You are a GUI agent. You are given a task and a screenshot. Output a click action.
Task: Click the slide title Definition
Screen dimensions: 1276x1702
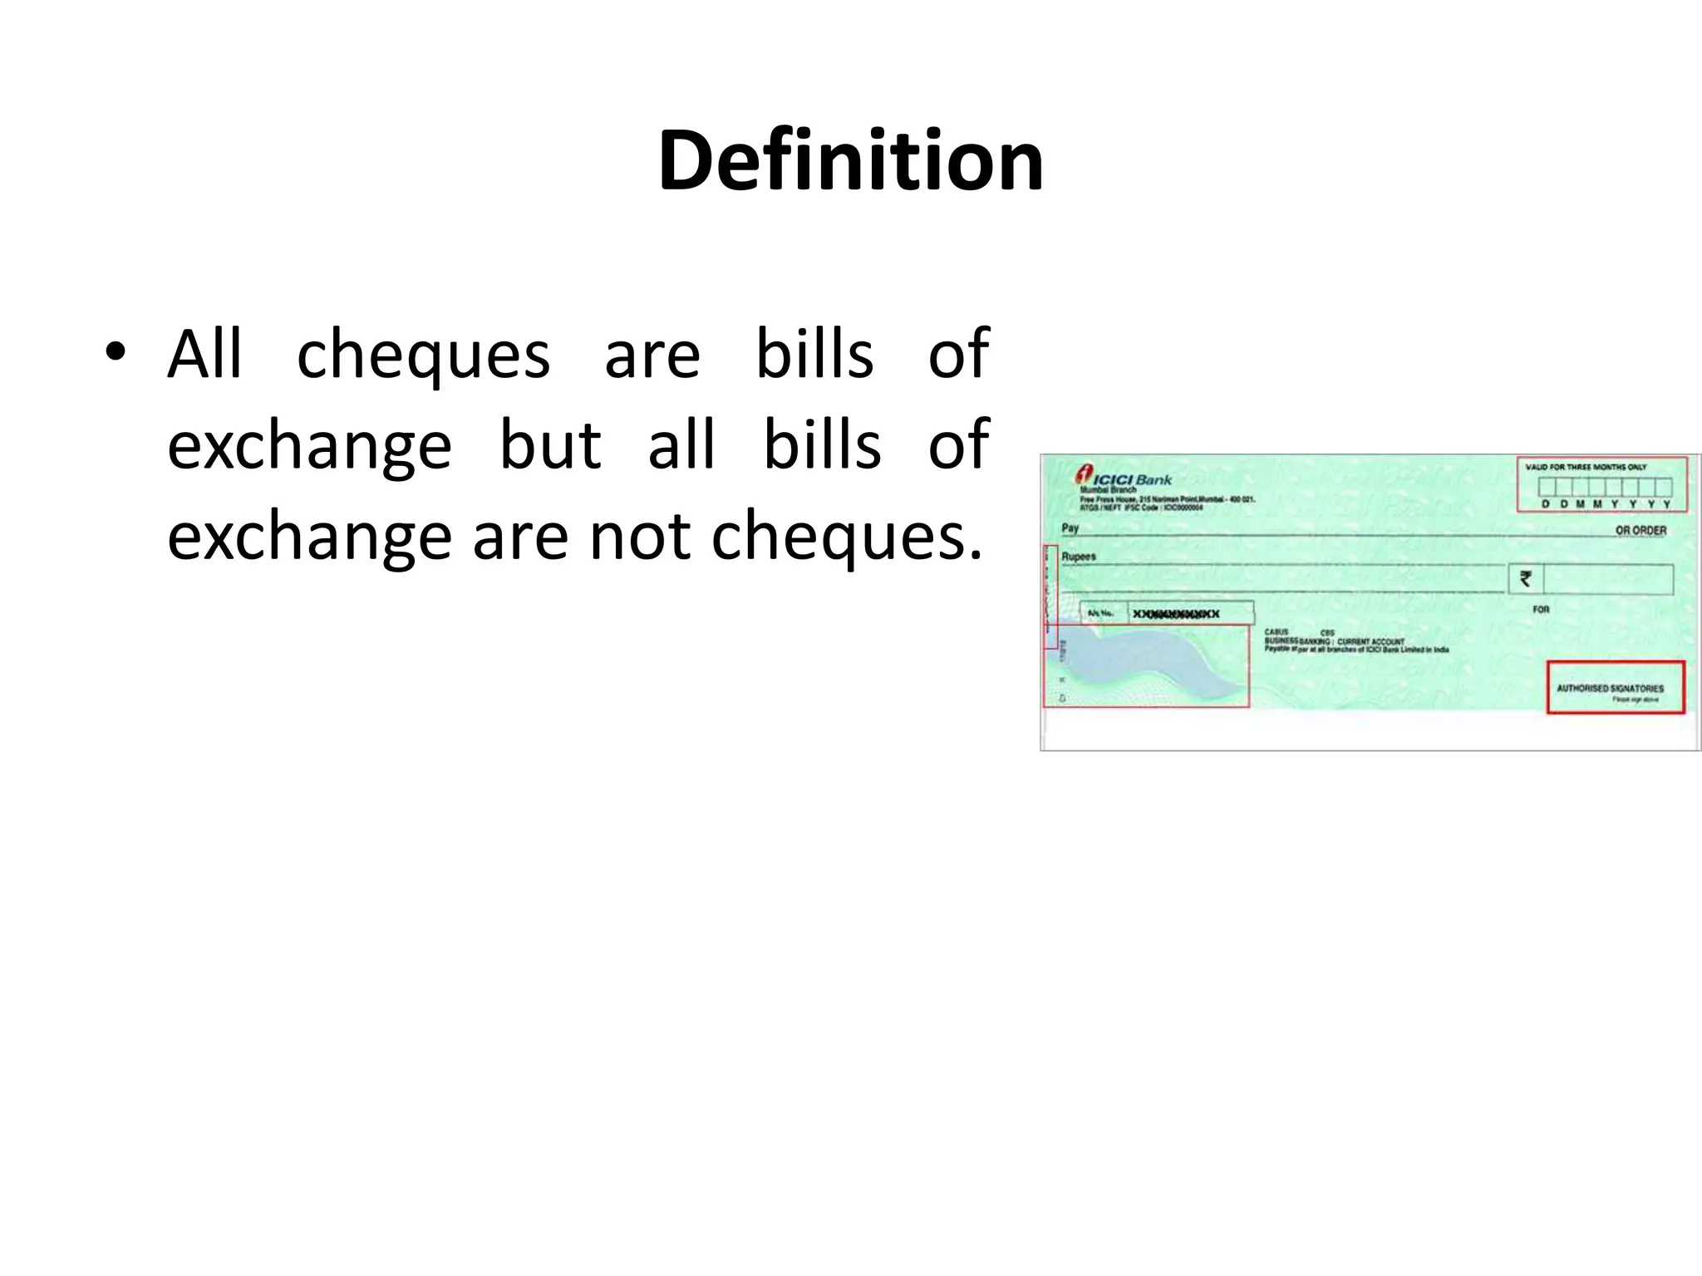point(850,160)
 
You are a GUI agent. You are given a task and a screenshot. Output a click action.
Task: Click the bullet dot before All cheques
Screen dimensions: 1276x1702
point(116,351)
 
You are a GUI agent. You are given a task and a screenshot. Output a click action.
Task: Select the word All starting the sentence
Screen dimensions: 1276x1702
point(204,355)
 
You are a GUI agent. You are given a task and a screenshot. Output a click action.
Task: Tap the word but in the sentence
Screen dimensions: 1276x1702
point(549,445)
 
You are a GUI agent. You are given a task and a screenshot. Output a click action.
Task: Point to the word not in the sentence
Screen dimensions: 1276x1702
point(640,537)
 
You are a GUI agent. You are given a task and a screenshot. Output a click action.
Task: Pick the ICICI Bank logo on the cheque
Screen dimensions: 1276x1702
point(1124,476)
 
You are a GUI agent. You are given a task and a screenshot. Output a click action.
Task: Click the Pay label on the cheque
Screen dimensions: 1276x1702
point(1070,528)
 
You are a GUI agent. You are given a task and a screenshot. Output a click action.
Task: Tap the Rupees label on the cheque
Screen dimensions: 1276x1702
point(1079,557)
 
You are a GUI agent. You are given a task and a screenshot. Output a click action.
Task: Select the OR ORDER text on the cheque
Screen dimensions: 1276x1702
point(1641,530)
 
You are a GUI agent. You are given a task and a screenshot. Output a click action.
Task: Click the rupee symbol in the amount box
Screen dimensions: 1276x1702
point(1526,578)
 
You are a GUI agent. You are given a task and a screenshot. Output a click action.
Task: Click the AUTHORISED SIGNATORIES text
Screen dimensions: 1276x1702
point(1610,688)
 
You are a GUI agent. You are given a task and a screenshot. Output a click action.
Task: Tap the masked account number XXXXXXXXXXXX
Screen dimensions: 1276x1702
point(1176,614)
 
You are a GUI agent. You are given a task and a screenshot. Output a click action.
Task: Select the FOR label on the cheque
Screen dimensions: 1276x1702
point(1541,609)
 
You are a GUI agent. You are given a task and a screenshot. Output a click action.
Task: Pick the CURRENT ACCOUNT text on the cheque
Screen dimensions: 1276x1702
point(1370,641)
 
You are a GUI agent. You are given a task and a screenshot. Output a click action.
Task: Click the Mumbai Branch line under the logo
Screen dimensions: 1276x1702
point(1108,489)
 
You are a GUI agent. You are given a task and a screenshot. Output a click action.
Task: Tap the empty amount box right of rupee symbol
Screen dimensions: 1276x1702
point(1607,579)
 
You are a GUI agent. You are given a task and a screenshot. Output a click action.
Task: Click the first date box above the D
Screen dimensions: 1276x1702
point(1546,488)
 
